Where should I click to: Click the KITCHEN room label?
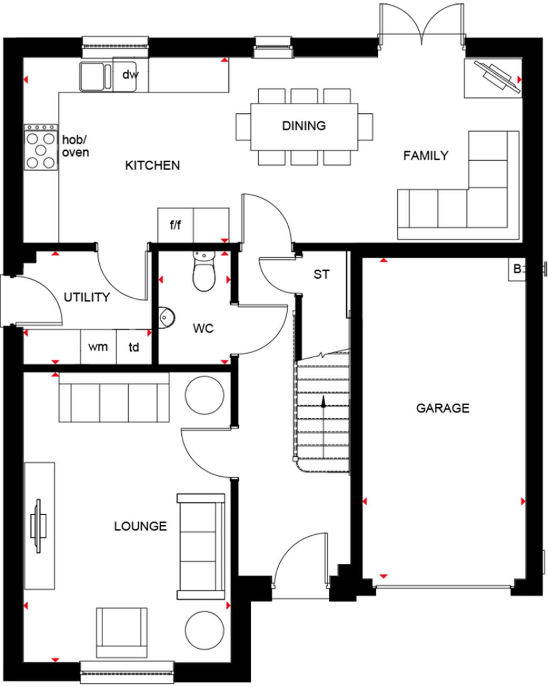tap(152, 165)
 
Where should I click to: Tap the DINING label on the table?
tap(304, 126)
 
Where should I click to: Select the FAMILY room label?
tap(425, 155)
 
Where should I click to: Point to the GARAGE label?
tap(443, 408)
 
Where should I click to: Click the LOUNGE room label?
tap(140, 526)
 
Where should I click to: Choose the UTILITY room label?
tap(87, 297)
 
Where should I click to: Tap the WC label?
tap(203, 329)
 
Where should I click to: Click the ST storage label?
tap(321, 274)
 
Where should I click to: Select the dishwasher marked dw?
tap(130, 75)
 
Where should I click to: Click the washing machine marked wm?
tap(98, 347)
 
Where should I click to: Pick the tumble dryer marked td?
tap(134, 347)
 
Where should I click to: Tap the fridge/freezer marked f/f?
tap(175, 225)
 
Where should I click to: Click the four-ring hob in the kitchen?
tap(41, 147)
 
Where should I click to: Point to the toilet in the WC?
tap(203, 271)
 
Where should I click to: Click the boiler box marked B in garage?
tap(517, 269)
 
